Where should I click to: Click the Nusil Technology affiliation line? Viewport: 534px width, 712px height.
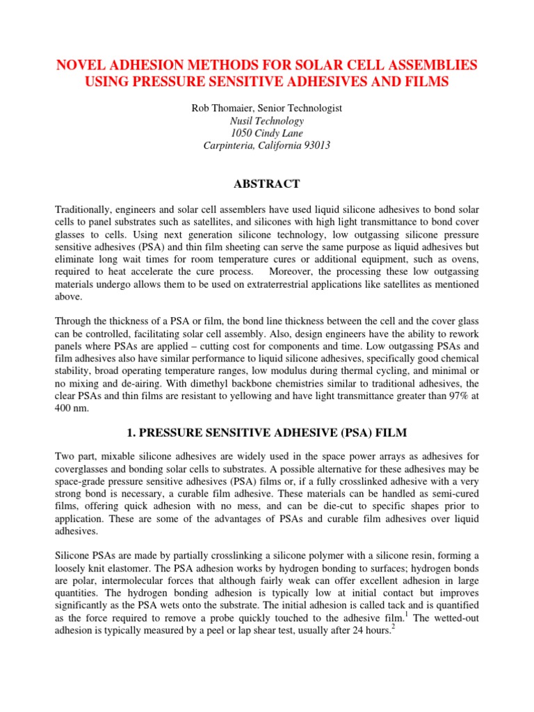tap(266, 120)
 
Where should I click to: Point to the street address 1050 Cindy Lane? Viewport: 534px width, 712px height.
tap(266, 133)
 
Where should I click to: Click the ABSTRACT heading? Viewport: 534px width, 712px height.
tap(266, 184)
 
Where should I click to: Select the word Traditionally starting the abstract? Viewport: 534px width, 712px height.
tap(84, 209)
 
